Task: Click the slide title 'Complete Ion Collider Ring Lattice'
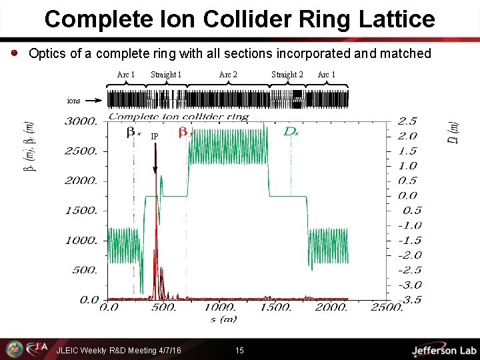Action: (x=239, y=19)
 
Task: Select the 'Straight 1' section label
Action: (x=167, y=75)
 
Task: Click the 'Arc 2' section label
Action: (x=228, y=75)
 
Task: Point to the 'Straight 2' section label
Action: (x=287, y=75)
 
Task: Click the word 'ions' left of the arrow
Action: (x=73, y=101)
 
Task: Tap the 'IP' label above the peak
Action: (x=155, y=137)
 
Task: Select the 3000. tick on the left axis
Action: (x=82, y=121)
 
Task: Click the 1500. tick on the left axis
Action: (x=82, y=211)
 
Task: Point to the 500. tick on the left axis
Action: (x=85, y=270)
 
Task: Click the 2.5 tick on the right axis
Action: (x=407, y=121)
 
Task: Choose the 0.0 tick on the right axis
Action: (x=407, y=196)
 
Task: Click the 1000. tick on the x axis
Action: (x=220, y=308)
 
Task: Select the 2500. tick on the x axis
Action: (x=387, y=308)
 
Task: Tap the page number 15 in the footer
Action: (x=240, y=350)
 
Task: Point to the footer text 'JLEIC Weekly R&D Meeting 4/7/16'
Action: (x=119, y=350)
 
